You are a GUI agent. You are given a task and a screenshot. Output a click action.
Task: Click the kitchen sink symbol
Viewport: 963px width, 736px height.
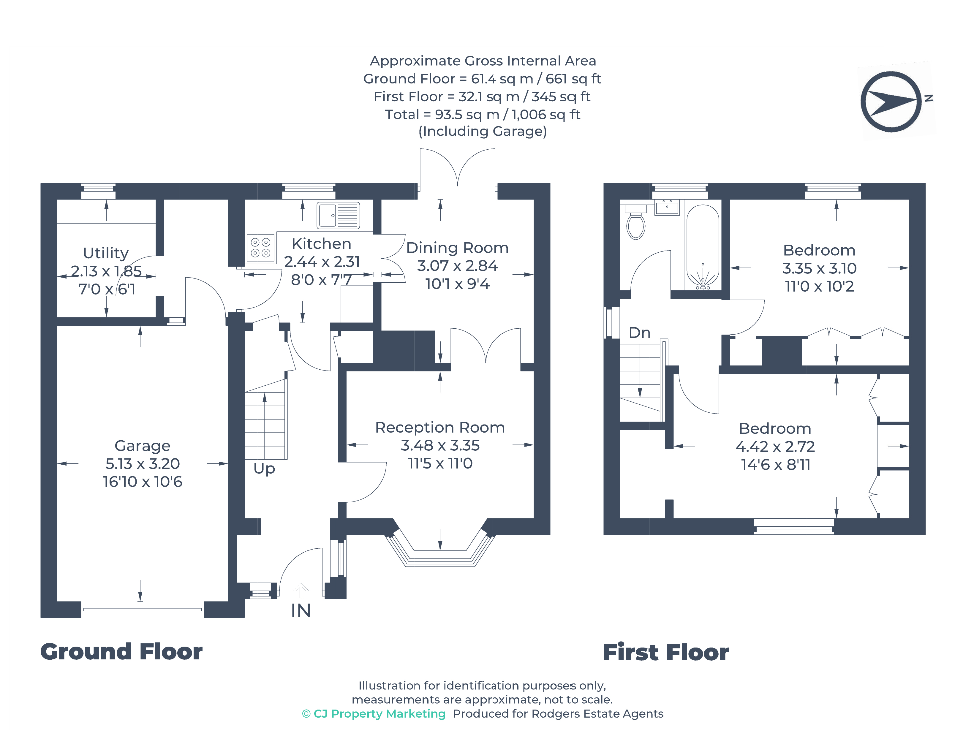pyautogui.click(x=338, y=215)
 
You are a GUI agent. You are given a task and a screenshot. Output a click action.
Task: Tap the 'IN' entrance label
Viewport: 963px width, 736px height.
pyautogui.click(x=301, y=611)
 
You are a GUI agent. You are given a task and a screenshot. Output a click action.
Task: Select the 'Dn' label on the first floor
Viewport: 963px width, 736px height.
pyautogui.click(x=639, y=333)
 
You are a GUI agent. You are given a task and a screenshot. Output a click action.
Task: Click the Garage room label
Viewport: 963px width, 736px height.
pyautogui.click(x=143, y=446)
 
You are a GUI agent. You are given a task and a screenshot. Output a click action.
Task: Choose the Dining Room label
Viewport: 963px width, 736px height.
pyautogui.click(x=457, y=248)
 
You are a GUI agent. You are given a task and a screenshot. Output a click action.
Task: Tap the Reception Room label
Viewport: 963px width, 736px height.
pyautogui.click(x=440, y=427)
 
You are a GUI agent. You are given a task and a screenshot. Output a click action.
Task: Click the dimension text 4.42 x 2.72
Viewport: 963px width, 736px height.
pyautogui.click(x=775, y=447)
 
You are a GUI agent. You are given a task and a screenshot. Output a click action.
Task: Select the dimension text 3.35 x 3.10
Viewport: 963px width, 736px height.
pyautogui.click(x=819, y=268)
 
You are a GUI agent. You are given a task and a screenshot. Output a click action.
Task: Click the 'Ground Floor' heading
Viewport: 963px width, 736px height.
pyautogui.click(x=121, y=651)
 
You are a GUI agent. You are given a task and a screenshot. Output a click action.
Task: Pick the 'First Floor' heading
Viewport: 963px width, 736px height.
pyautogui.click(x=666, y=652)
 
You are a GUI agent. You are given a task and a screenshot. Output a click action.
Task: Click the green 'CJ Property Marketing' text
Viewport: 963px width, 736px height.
pyautogui.click(x=379, y=714)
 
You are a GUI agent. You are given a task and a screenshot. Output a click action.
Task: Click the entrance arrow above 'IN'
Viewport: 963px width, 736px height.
pyautogui.click(x=301, y=591)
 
